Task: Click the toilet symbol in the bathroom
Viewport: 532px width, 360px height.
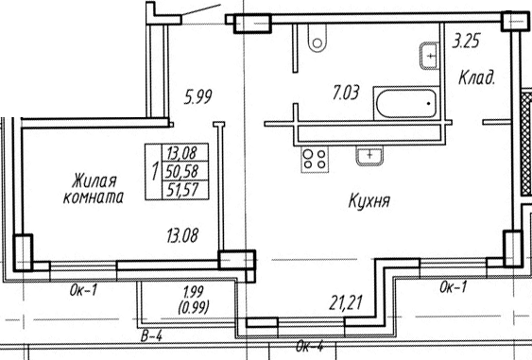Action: (317, 39)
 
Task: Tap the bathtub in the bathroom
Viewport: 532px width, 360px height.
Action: (406, 103)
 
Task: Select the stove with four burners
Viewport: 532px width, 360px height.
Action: (315, 160)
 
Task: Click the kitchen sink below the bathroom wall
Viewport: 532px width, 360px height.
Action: (369, 156)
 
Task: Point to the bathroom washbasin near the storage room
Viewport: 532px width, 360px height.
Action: (429, 56)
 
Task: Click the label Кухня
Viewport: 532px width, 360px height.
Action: (369, 201)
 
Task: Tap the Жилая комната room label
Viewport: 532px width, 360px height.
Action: (94, 189)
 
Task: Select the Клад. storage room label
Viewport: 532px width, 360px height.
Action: (476, 77)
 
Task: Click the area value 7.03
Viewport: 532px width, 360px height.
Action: (346, 93)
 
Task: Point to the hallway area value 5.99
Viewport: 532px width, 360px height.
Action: (197, 96)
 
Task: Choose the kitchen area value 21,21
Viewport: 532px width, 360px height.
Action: (346, 302)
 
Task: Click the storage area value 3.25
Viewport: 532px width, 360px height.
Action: (467, 41)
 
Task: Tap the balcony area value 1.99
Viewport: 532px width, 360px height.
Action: (194, 292)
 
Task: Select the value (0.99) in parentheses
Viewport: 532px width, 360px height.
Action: (194, 307)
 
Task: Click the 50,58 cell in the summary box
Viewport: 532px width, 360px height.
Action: (181, 171)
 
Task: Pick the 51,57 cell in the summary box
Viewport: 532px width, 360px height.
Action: (182, 190)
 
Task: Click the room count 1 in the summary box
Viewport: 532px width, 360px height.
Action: (155, 171)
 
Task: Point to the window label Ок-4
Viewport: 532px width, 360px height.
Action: (309, 347)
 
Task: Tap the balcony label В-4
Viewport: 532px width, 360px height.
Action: (151, 336)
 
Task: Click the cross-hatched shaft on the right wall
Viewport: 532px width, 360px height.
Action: (526, 144)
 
